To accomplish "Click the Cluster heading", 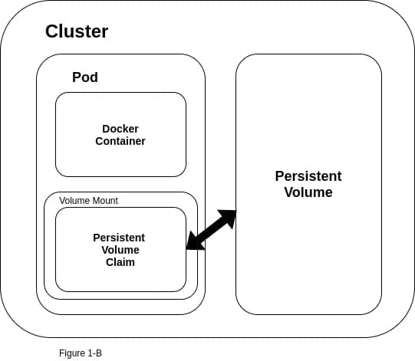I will [x=77, y=31].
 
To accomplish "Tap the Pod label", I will [x=85, y=77].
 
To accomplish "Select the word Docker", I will [x=120, y=129].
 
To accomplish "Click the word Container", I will [x=120, y=141].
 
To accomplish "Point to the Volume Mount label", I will [x=88, y=200].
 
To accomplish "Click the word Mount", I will [x=104, y=200].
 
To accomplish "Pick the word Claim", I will [x=120, y=262].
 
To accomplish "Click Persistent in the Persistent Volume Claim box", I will [x=119, y=238].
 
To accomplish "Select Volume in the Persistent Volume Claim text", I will [x=120, y=250].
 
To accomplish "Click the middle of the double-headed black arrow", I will [x=211, y=229].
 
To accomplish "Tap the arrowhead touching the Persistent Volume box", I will [x=229, y=216].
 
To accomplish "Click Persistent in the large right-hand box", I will [x=308, y=176].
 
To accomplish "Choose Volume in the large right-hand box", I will [x=308, y=192].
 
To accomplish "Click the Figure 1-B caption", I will [x=81, y=353].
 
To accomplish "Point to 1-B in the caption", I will [x=94, y=353].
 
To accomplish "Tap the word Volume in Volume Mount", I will [x=74, y=200].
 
